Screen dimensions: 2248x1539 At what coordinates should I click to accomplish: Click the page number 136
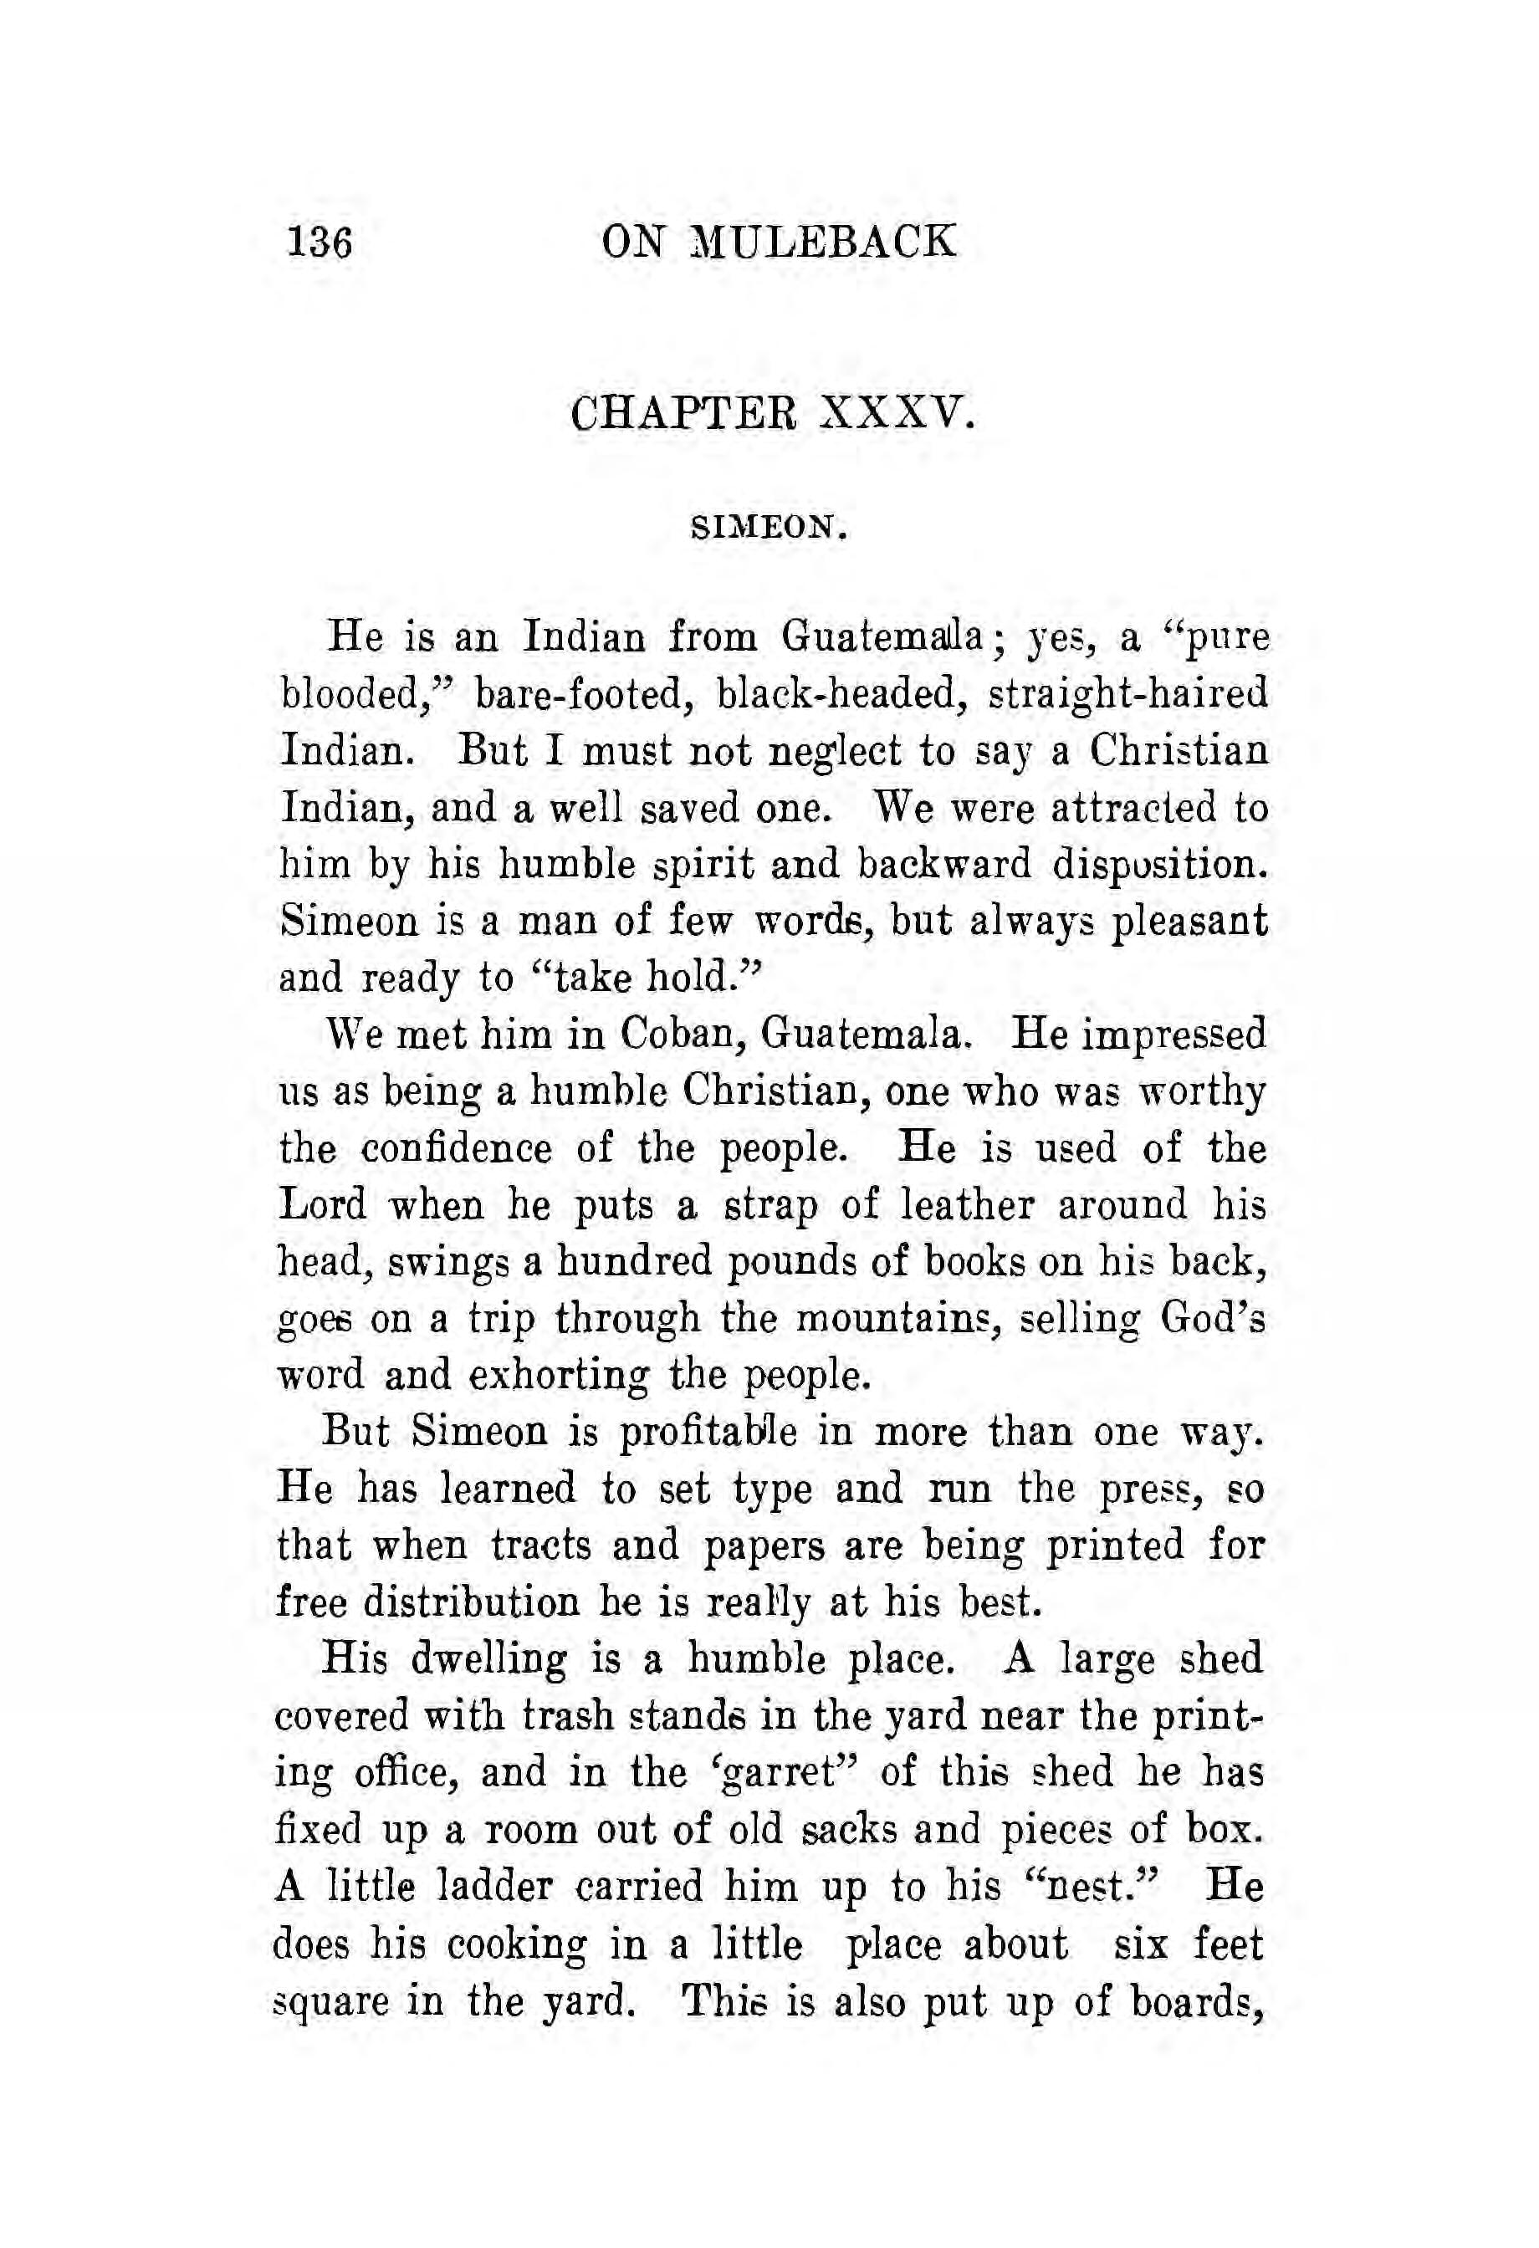click(320, 242)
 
